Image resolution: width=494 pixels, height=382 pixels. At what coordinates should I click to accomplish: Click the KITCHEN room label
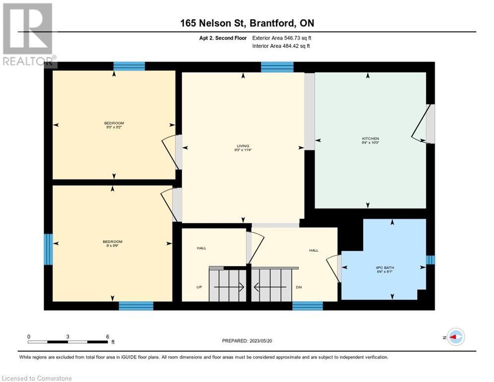(370, 138)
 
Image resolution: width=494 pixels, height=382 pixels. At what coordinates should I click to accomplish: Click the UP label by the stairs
(198, 287)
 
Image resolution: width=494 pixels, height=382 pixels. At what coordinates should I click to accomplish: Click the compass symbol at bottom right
(455, 337)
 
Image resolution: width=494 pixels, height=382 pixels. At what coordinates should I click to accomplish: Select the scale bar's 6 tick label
(107, 336)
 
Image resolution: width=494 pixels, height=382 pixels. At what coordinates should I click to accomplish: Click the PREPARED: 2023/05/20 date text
(248, 341)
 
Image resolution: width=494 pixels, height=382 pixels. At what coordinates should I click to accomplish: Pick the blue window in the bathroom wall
(430, 260)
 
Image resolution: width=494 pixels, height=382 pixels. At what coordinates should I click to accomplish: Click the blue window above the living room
(277, 67)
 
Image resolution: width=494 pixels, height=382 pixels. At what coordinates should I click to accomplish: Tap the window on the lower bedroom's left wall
(48, 249)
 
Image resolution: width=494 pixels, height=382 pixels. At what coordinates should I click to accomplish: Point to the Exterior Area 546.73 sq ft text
(282, 38)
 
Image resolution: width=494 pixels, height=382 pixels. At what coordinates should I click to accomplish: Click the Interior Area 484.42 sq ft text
(281, 46)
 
